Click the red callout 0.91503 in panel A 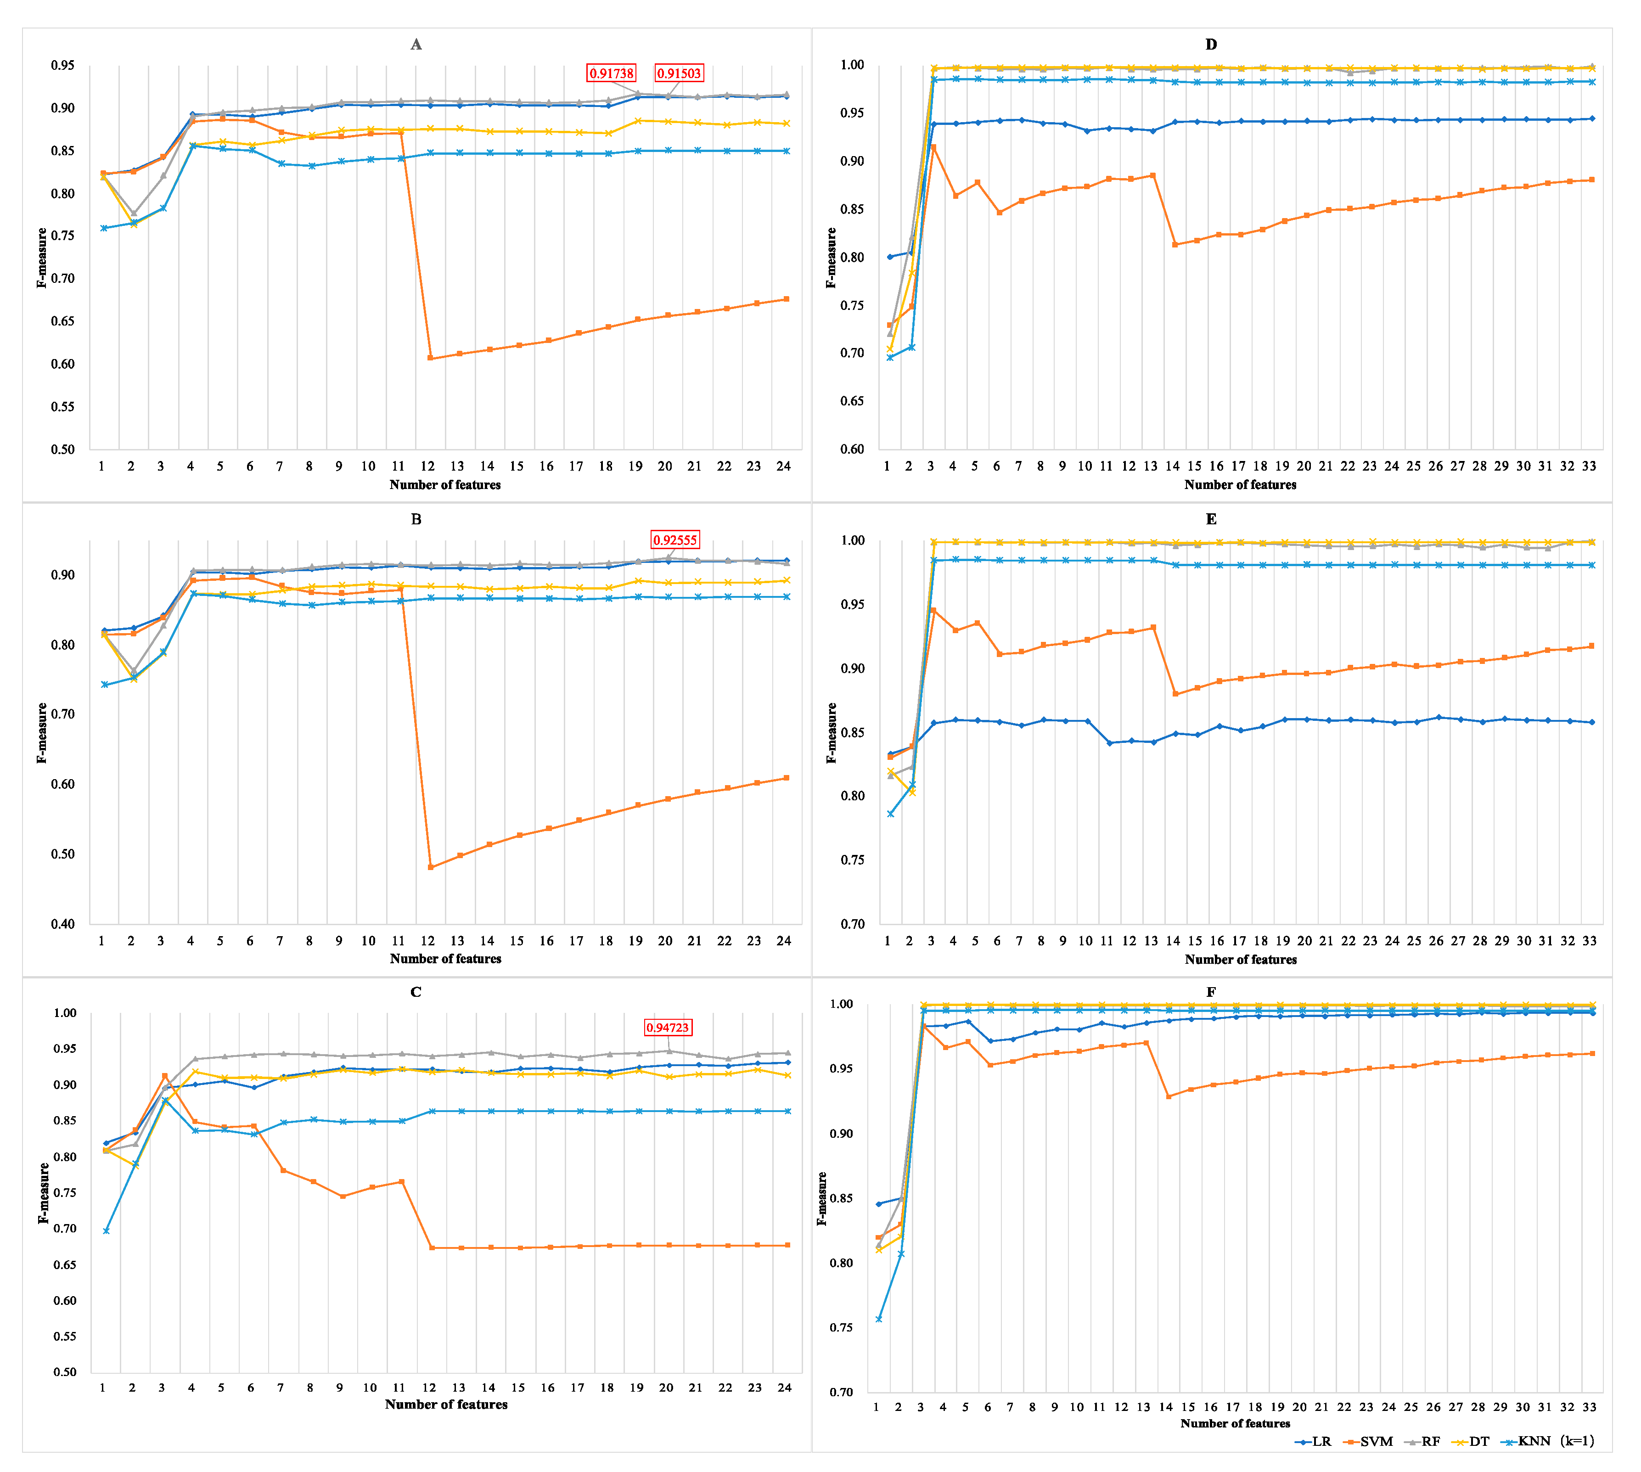679,73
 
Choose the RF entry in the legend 1424,1441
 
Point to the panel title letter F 1211,992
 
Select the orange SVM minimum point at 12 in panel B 430,867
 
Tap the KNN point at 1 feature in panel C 106,1231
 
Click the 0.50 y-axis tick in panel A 62,449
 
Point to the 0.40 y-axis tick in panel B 62,924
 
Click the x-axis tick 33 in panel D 1589,466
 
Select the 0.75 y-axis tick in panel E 853,860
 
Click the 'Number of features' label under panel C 446,1405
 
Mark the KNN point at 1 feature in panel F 879,1319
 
